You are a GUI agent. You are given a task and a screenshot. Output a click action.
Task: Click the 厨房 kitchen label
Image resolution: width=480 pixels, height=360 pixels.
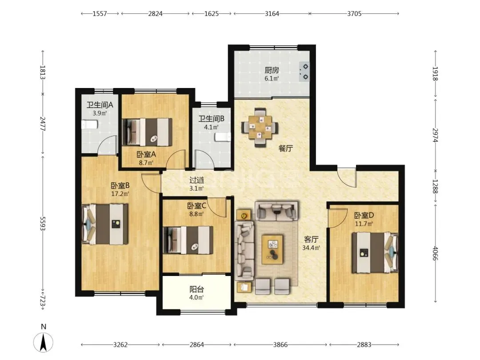[272, 70]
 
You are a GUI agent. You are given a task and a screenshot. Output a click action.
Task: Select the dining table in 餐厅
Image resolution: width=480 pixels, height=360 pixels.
[260, 128]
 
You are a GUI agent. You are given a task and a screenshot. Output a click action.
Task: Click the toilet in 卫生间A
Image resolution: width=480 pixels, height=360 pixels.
[89, 124]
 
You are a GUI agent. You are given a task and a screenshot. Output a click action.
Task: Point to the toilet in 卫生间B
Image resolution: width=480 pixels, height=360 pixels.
[223, 137]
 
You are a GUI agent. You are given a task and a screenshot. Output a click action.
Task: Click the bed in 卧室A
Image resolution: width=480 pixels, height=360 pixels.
[147, 132]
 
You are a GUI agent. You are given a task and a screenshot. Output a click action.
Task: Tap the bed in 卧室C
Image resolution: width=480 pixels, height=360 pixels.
[188, 240]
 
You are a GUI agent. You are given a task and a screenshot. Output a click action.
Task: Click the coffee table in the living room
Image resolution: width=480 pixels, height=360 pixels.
[272, 249]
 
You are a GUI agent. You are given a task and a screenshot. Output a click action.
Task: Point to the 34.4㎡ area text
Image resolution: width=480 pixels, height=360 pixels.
[311, 248]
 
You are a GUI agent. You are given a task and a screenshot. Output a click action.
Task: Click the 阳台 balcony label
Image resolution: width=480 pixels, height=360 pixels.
[196, 289]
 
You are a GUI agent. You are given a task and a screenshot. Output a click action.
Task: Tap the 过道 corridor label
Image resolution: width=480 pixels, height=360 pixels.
[196, 180]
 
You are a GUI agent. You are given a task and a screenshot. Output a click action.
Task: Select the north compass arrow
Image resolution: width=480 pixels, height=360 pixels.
[44, 342]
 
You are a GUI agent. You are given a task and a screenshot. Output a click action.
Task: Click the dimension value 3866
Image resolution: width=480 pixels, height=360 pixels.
[280, 345]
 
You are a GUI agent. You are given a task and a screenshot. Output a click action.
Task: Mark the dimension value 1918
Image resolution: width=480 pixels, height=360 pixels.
[435, 73]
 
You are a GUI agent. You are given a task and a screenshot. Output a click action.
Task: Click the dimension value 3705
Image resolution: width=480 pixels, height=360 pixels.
[354, 13]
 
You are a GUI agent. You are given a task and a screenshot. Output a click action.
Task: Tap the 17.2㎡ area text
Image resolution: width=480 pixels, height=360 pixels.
[120, 193]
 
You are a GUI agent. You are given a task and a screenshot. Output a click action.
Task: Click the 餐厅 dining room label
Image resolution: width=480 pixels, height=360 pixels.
[286, 148]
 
